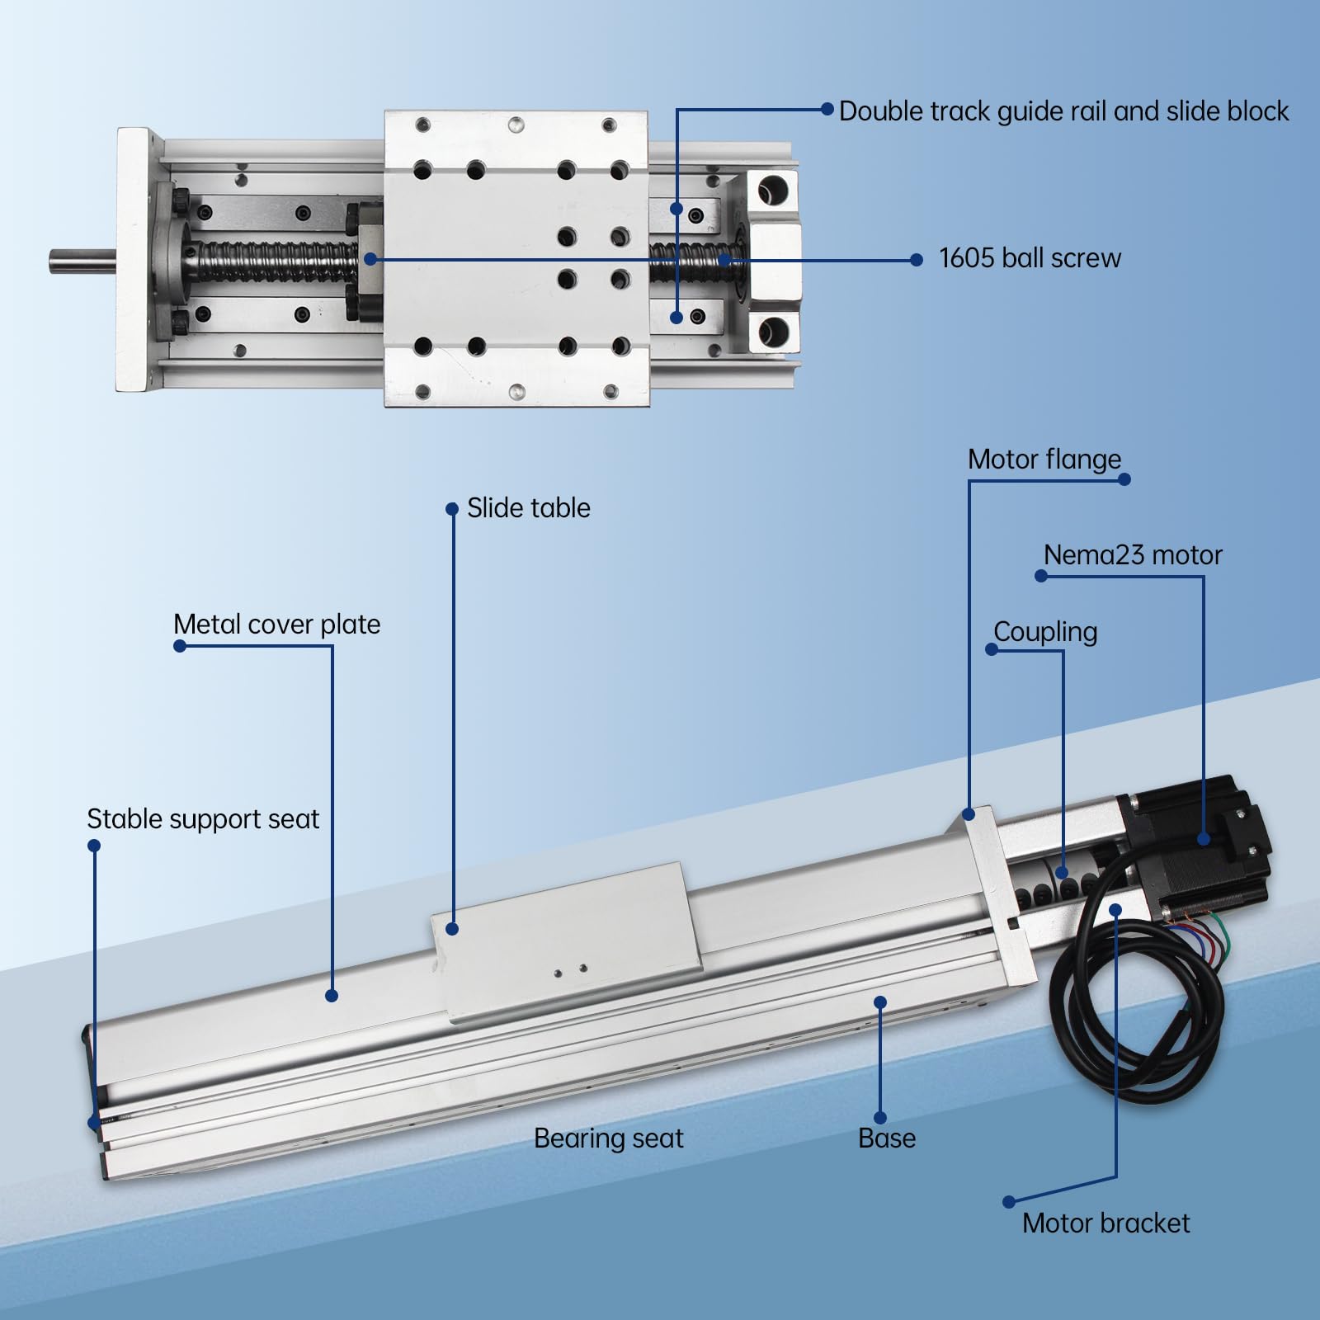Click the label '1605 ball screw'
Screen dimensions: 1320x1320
point(1030,258)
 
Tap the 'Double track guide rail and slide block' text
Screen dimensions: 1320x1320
point(1063,111)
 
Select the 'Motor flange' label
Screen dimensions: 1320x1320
point(1044,460)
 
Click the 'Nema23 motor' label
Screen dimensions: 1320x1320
point(1132,555)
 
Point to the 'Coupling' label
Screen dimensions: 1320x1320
point(1044,632)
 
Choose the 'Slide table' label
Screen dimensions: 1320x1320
point(528,508)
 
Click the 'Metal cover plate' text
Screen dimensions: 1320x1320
point(276,625)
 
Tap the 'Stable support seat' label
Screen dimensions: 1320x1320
point(202,819)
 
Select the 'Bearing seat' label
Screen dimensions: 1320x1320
point(608,1138)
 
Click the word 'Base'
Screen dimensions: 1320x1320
point(886,1138)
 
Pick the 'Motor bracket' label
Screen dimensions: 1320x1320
point(1105,1223)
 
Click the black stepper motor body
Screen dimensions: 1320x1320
point(1196,850)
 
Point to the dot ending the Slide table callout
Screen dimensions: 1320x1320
point(452,929)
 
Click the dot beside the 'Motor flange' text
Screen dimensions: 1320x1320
point(1124,479)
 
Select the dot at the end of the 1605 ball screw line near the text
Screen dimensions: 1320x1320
point(916,260)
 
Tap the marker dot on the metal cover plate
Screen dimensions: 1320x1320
point(332,996)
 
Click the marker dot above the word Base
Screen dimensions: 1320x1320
point(880,1002)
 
